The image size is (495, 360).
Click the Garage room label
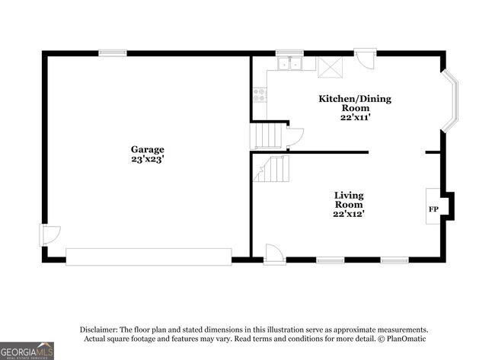pos(147,149)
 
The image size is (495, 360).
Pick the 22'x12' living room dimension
pos(349,214)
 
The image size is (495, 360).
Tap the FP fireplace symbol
pos(433,209)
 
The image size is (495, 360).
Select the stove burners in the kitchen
pos(260,96)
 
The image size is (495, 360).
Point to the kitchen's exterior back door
pos(366,60)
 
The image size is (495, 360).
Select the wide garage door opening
pos(148,256)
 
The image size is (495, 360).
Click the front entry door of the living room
pos(274,253)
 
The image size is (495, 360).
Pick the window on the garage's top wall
pos(112,53)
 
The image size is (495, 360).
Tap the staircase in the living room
pos(271,168)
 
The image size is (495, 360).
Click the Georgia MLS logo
pos(27,350)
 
